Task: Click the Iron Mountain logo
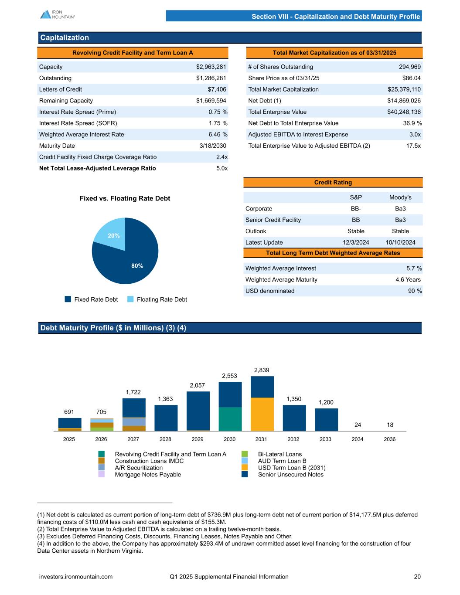pyautogui.click(x=58, y=14)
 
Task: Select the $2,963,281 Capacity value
pyautogui.click(x=211, y=67)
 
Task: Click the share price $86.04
pyautogui.click(x=411, y=78)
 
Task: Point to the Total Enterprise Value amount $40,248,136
pyautogui.click(x=404, y=112)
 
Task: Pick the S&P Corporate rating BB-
pyautogui.click(x=356, y=208)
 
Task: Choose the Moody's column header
pyautogui.click(x=400, y=197)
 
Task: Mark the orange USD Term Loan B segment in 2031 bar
pyautogui.click(x=262, y=414)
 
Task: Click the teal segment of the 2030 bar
pyautogui.click(x=230, y=419)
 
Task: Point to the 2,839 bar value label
pyautogui.click(x=262, y=370)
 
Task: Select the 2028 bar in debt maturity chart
pyautogui.click(x=166, y=418)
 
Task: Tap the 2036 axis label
pyautogui.click(x=389, y=439)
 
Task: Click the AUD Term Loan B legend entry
pyautogui.click(x=282, y=461)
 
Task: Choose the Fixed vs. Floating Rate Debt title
pyautogui.click(x=125, y=198)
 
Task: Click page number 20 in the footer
pyautogui.click(x=417, y=576)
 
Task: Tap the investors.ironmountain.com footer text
pyautogui.click(x=76, y=576)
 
